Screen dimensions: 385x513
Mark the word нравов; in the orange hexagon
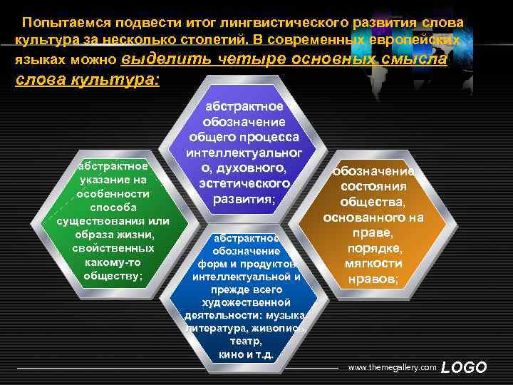373,279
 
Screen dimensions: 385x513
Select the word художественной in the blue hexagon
246,303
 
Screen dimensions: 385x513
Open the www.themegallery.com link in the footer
391,367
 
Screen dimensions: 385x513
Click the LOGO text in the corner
464,367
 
